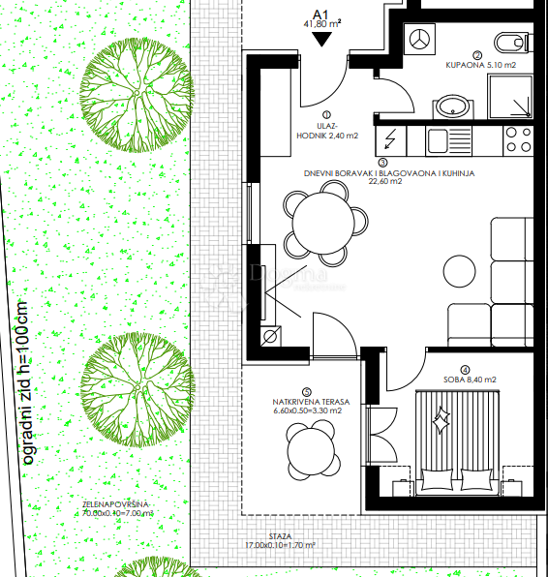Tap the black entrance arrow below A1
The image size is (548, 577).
point(322,40)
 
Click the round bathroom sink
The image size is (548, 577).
point(450,106)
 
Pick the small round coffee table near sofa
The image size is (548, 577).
point(463,268)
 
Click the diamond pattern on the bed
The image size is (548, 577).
point(442,421)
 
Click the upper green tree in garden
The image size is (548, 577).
point(134,92)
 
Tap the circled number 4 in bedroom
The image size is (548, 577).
point(466,369)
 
